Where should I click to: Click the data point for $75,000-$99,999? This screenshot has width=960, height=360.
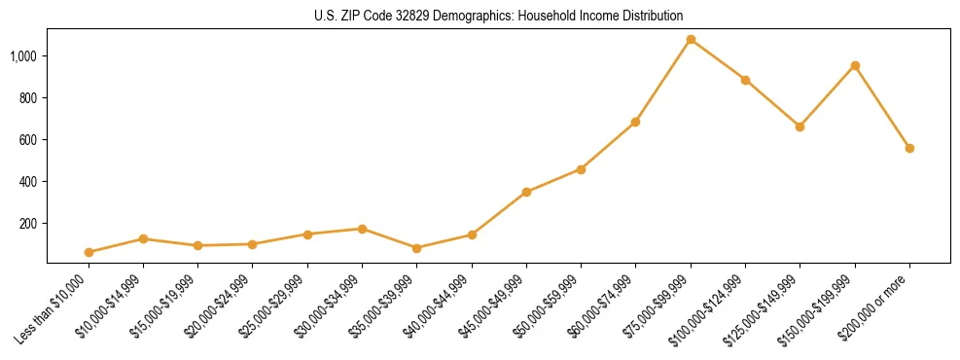[x=691, y=40]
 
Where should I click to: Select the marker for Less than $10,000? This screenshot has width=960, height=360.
[x=89, y=252]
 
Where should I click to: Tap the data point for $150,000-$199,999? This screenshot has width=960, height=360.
[x=855, y=66]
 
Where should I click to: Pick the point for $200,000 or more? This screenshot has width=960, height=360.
[x=909, y=149]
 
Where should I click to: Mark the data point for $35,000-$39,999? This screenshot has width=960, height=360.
[x=417, y=248]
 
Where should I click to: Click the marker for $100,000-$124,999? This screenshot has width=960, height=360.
[x=745, y=80]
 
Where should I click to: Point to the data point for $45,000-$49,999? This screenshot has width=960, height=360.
[x=526, y=193]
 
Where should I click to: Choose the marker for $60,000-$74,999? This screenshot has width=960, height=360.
[x=636, y=123]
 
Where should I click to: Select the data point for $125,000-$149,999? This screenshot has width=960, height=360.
[x=800, y=126]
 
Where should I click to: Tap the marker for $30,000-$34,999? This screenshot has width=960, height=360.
[x=362, y=229]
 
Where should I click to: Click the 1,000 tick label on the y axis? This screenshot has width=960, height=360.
[x=23, y=56]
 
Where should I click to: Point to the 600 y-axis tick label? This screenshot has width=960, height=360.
[x=28, y=140]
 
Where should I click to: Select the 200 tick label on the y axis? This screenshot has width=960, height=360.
[x=28, y=224]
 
